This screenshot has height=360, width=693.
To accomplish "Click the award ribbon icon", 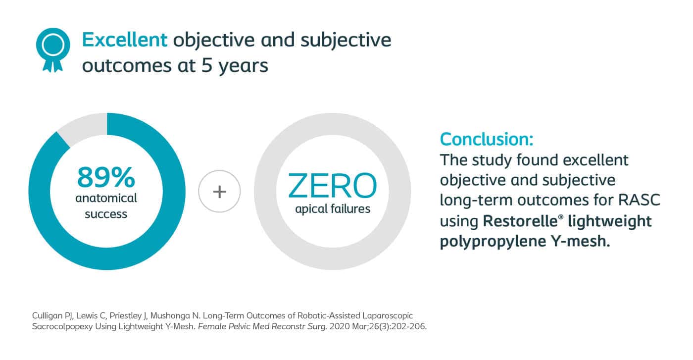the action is click(x=53, y=50).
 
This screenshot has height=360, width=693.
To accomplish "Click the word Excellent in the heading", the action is click(x=125, y=40).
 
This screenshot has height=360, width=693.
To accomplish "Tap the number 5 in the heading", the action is click(x=207, y=66).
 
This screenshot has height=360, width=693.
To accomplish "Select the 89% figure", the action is click(x=106, y=177).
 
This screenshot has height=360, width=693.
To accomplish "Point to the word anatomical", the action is click(x=106, y=198).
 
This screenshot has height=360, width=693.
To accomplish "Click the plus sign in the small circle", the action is click(x=219, y=192).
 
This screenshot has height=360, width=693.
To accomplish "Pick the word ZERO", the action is click(x=332, y=186).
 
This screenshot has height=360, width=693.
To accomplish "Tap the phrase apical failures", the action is click(x=333, y=209).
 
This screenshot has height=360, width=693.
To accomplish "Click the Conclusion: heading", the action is click(x=487, y=139).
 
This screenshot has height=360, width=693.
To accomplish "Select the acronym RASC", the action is click(x=639, y=200).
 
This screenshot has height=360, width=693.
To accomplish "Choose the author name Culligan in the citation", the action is click(x=48, y=316).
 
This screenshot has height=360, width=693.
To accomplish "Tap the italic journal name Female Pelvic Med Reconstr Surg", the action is click(x=262, y=326).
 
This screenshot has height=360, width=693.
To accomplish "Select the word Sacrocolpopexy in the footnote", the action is click(x=62, y=326).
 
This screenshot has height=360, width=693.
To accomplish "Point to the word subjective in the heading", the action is click(x=346, y=41).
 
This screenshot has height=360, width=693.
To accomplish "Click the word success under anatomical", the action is click(x=106, y=214).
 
